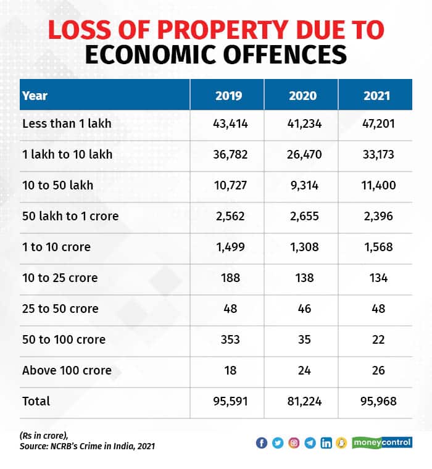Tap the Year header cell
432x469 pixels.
coord(35,96)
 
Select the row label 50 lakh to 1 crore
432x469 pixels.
coord(70,216)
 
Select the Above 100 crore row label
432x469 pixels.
coord(67,370)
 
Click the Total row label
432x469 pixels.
coord(36,401)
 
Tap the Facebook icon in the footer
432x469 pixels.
coord(262,443)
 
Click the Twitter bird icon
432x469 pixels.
coord(278,443)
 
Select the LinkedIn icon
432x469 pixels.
coord(326,443)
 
